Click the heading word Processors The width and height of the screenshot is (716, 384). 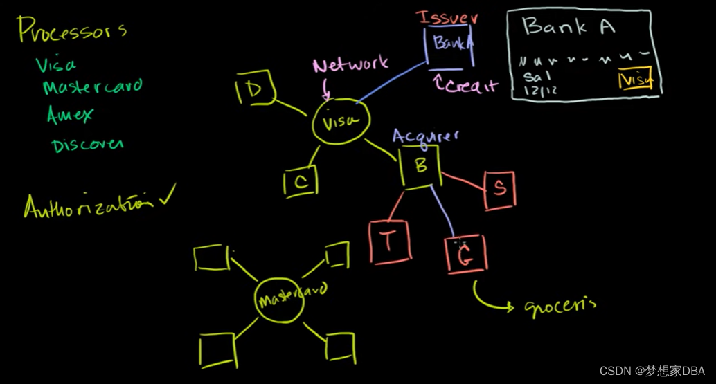point(72,31)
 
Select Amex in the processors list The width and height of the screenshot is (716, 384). point(69,115)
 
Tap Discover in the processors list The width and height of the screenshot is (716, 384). point(87,144)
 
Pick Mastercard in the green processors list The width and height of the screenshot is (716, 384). point(92,87)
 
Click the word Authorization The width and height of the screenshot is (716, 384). point(87,205)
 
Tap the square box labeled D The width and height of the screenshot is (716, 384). point(256,90)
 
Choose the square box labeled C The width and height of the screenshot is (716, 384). point(301,183)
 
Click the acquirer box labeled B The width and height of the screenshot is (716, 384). point(420,166)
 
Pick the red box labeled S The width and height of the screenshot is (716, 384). point(499,188)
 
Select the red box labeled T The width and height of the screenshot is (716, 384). point(390,242)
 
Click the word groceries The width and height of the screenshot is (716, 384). point(560,304)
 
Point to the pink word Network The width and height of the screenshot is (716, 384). point(350,66)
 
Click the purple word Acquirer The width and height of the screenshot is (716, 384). point(425,136)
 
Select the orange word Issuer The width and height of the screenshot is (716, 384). point(448,18)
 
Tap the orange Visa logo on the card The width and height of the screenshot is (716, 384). point(636,80)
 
